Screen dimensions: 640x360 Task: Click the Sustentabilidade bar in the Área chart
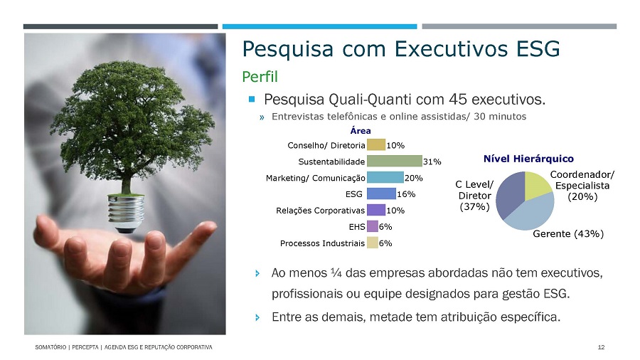pos(394,162)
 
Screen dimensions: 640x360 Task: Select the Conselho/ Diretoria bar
pos(376,145)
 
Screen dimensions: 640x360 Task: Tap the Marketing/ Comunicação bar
pos(385,178)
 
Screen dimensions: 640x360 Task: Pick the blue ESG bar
pos(381,194)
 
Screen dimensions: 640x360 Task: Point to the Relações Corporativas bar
pos(376,210)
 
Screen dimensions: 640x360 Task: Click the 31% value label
pos(432,162)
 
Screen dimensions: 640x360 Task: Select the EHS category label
pos(357,227)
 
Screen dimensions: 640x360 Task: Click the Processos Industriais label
pos(322,243)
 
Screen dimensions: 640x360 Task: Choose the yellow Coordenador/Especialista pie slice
pos(537,186)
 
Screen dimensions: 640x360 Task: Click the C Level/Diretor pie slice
pos(508,194)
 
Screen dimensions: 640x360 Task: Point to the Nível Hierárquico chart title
pos(528,159)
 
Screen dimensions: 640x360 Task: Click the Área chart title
pos(361,131)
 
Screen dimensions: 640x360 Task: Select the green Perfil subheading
pos(260,77)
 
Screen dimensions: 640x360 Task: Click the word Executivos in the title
pos(451,49)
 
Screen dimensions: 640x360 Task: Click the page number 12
pos(601,347)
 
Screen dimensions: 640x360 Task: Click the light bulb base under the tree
pos(126,213)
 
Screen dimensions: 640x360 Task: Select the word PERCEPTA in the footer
pos(85,347)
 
